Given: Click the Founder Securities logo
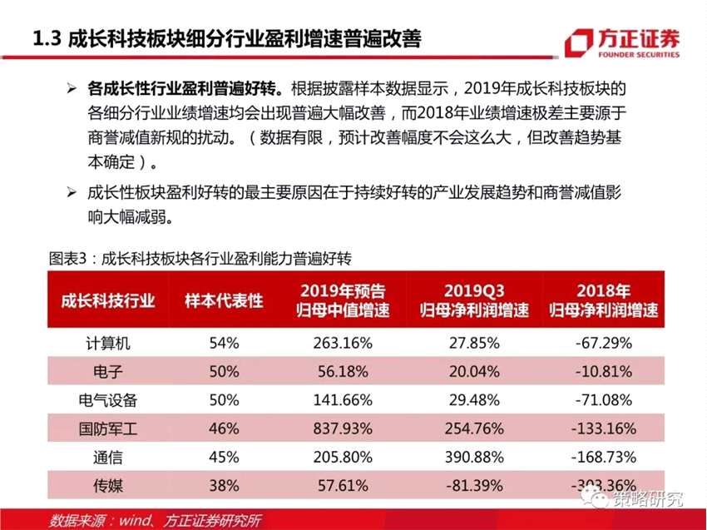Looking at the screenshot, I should coord(621,42).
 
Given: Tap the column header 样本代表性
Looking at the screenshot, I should coord(224,300).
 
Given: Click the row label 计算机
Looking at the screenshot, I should coord(108,342).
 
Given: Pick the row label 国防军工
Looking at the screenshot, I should coord(108,428).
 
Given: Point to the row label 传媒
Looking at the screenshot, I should coord(108,486).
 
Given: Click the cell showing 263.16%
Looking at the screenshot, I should coord(342,342).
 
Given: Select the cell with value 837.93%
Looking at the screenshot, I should coord(342,428).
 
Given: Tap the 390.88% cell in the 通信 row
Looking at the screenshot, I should coord(472,457).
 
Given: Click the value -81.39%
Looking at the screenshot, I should coord(472,486).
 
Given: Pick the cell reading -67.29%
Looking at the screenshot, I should coord(604,342).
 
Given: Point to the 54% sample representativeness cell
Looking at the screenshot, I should coord(224,342).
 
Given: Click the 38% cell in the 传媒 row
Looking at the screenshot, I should coord(224,486).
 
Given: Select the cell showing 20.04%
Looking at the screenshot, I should coord(472,371).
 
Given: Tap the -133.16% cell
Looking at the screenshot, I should coord(604,428).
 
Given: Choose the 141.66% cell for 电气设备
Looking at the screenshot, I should coord(342,399).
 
